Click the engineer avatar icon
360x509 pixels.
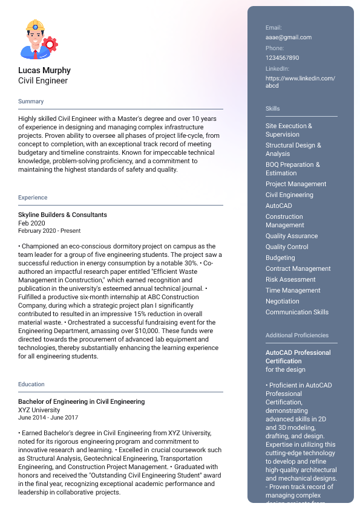click(x=39, y=39)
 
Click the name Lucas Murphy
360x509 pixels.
click(x=44, y=70)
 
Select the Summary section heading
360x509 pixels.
click(x=31, y=102)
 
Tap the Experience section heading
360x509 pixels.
click(x=33, y=198)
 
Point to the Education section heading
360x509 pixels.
click(x=31, y=384)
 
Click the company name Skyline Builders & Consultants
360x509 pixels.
click(x=62, y=215)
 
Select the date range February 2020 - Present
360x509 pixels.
click(x=49, y=231)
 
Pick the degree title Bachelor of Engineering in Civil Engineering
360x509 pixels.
click(x=81, y=401)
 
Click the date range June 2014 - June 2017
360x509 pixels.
click(x=48, y=418)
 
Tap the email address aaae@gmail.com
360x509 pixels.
click(x=289, y=37)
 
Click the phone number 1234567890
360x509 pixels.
click(x=282, y=58)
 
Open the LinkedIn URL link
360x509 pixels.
click(x=300, y=82)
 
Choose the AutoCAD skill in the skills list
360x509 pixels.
click(x=278, y=206)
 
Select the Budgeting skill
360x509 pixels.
click(x=280, y=258)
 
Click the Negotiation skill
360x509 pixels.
click(x=282, y=301)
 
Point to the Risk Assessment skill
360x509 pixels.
click(x=290, y=279)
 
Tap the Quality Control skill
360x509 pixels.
click(x=287, y=247)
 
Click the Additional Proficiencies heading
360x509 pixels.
click(x=297, y=336)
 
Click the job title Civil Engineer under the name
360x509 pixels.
click(x=43, y=80)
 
